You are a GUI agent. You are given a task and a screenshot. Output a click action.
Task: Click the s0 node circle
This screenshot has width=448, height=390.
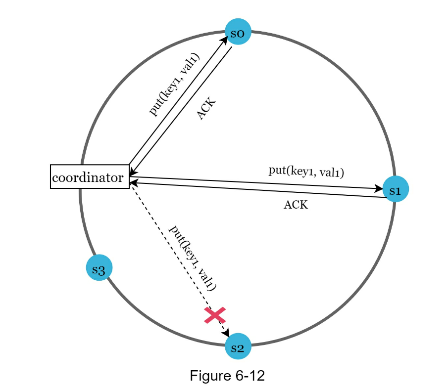238,32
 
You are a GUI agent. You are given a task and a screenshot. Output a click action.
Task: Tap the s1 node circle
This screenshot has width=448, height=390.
396,189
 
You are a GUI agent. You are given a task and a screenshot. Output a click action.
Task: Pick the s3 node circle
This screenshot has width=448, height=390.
99,268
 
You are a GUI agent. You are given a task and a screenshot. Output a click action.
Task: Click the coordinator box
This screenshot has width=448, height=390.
90,177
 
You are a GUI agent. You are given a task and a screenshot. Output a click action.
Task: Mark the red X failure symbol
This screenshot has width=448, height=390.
215,315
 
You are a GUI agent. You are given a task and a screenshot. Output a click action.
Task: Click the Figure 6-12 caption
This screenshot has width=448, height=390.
227,376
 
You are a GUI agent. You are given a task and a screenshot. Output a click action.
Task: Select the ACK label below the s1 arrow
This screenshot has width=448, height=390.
296,205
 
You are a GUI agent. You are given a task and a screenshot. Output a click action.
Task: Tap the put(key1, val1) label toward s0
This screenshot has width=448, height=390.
174,85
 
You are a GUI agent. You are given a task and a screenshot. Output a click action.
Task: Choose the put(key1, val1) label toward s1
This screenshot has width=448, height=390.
306,172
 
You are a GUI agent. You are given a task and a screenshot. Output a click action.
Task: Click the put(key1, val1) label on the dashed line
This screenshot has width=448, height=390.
193,258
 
